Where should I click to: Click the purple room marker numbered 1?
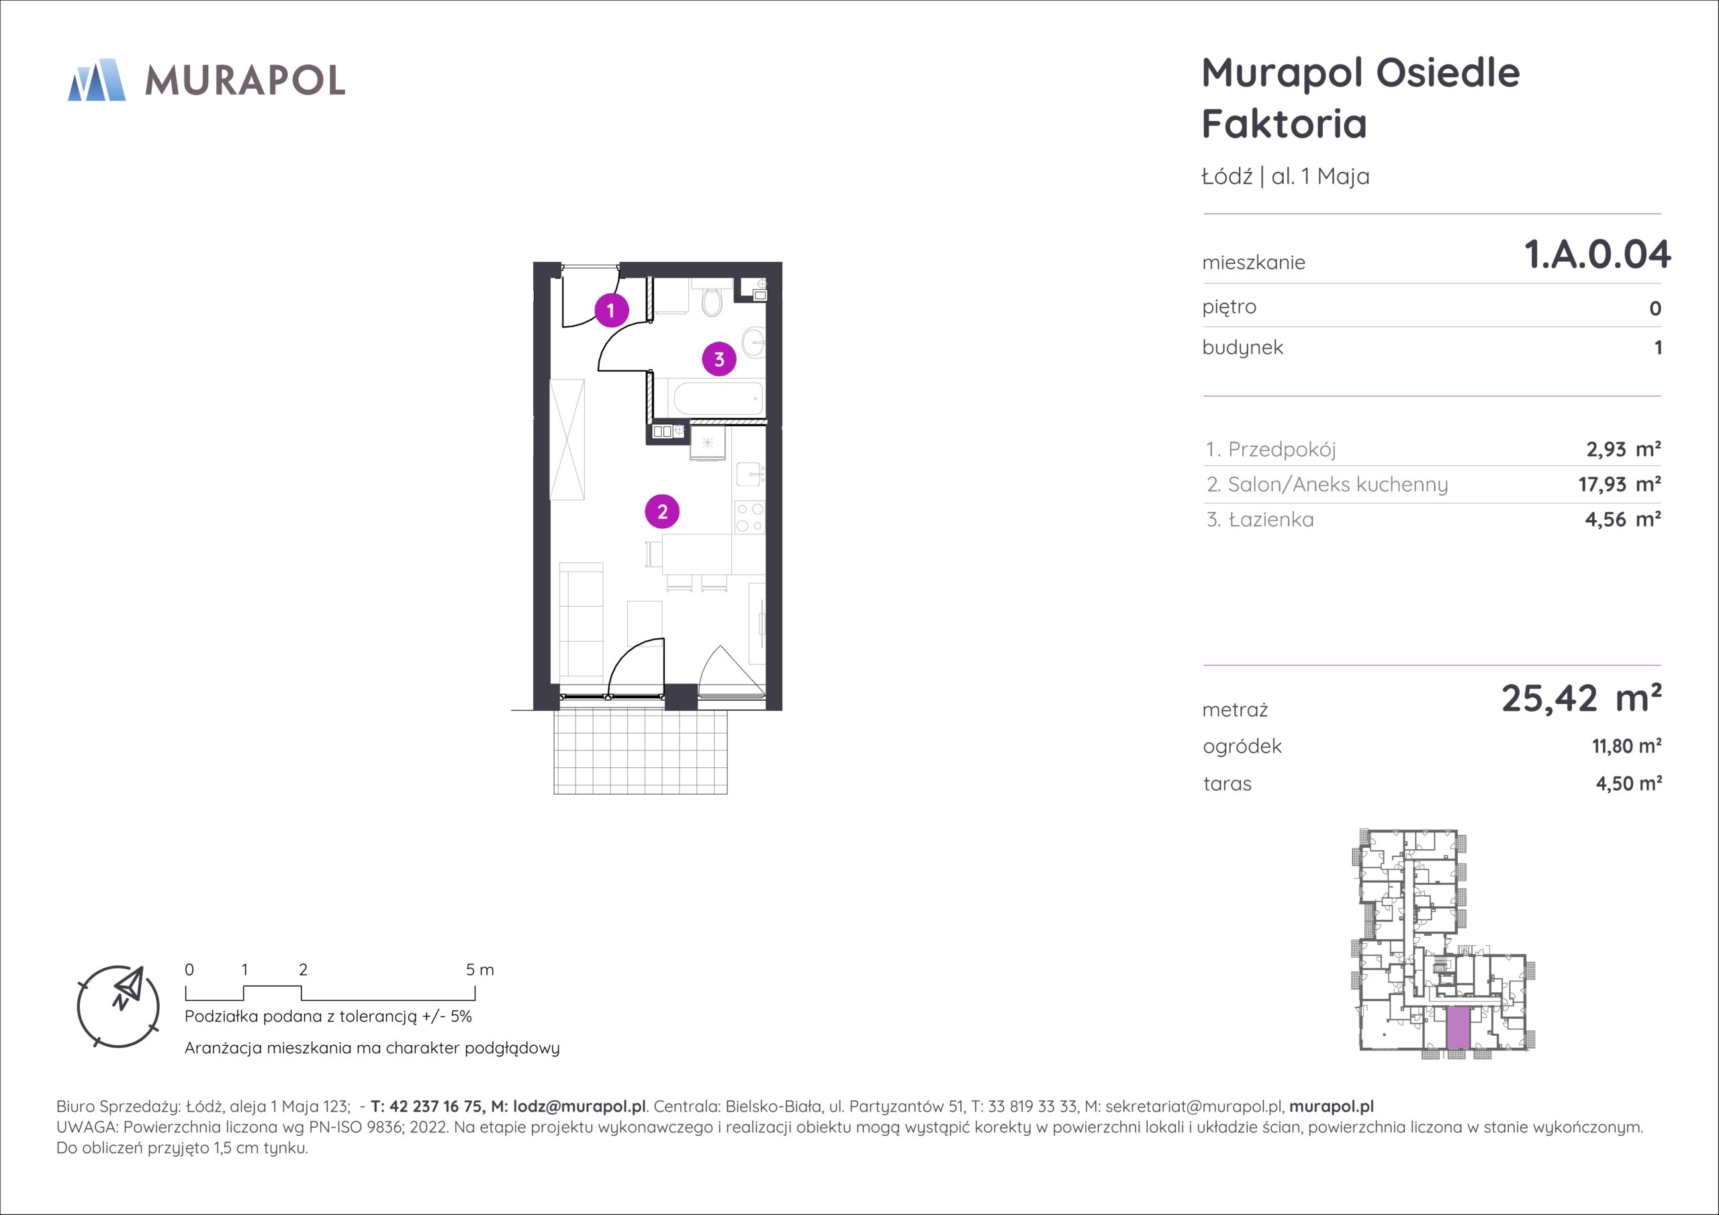[611, 310]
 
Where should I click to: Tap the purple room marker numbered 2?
[662, 512]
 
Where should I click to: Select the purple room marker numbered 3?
[718, 359]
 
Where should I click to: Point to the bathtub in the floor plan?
[718, 398]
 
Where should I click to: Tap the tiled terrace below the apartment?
[640, 752]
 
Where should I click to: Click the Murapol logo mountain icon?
[97, 79]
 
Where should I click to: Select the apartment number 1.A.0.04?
[1597, 254]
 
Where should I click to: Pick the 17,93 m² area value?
[1620, 485]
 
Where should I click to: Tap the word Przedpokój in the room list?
[1282, 449]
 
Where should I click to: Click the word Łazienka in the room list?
[1271, 520]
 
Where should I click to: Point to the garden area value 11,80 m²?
[1627, 746]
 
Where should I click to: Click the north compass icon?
[118, 1006]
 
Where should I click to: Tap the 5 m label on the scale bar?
[480, 970]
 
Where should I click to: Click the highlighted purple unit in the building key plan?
[1457, 1028]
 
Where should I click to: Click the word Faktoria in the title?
[1285, 124]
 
